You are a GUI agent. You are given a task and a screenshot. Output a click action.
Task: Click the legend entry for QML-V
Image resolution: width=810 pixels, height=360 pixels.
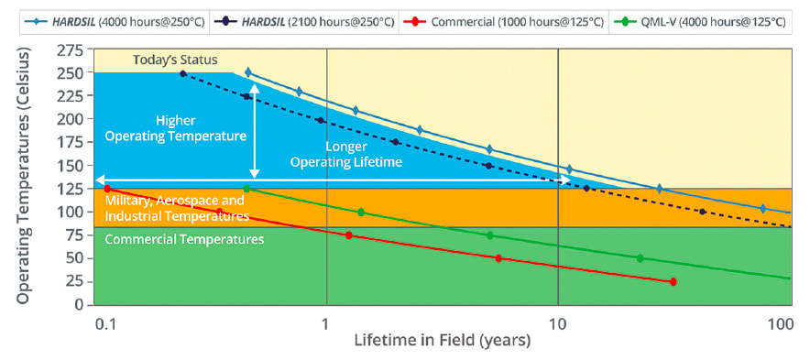point(703,19)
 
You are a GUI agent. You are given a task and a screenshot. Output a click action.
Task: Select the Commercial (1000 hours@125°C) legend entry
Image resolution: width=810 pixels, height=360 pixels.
point(504,19)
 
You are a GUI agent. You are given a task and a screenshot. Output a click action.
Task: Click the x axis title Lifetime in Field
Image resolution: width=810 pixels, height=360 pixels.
point(443,342)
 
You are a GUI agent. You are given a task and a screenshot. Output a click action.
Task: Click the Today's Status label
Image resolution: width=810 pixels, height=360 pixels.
point(169,60)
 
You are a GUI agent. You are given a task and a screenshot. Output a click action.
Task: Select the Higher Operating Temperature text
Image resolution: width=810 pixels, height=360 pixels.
point(175,128)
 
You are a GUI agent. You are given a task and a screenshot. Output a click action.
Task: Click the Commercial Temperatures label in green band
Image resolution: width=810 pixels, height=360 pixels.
point(185,239)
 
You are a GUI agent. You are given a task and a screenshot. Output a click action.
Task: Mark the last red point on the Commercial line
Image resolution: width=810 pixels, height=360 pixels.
point(673,282)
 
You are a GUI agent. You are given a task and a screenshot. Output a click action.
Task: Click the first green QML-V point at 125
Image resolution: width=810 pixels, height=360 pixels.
point(246,189)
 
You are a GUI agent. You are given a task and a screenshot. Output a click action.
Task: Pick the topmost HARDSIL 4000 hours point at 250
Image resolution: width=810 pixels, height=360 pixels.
point(247,71)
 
